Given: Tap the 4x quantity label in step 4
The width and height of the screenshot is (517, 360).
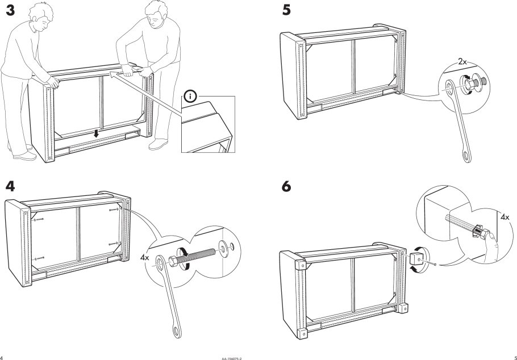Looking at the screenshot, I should tap(145, 257).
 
